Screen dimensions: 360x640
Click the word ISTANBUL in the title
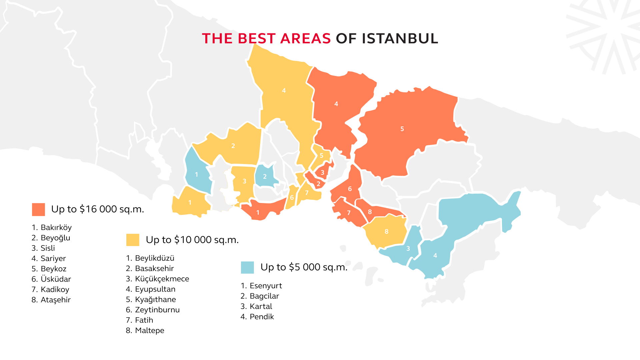point(400,39)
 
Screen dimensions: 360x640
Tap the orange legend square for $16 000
point(38,209)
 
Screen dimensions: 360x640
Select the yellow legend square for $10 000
point(133,240)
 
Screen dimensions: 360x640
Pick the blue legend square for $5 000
point(247,267)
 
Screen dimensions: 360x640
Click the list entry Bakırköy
point(52,228)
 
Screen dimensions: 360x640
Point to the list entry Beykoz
point(49,269)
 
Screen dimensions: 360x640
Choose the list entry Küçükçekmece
point(157,279)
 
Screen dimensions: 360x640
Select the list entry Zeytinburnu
point(153,310)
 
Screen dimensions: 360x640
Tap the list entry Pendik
point(257,317)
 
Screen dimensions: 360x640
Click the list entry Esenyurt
point(261,286)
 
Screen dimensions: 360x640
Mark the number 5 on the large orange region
point(402,129)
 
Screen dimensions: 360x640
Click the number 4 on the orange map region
point(336,104)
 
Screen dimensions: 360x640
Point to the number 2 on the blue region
point(265,177)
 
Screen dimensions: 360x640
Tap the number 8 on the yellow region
point(386,232)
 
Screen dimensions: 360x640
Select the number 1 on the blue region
point(196,175)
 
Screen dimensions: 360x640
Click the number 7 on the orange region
point(349,213)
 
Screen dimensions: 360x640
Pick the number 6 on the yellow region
point(292,198)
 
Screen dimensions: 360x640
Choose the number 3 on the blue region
point(408,249)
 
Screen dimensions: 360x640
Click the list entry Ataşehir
point(51,300)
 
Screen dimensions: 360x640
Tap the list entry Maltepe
point(145,331)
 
